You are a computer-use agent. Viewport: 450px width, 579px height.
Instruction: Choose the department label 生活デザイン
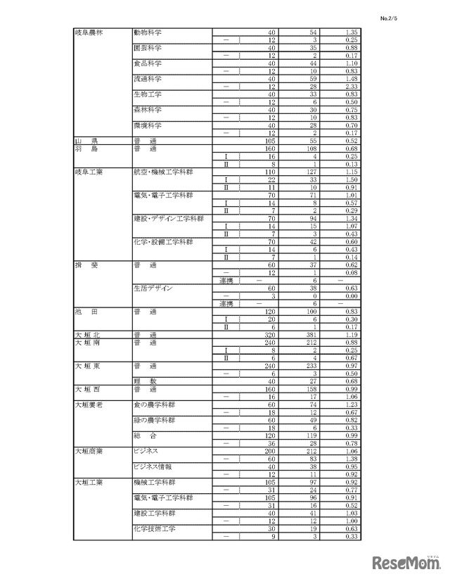click(152, 288)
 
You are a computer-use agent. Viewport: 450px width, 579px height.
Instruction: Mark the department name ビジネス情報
click(153, 466)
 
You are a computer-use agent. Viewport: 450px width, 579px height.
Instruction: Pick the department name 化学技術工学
click(154, 528)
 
